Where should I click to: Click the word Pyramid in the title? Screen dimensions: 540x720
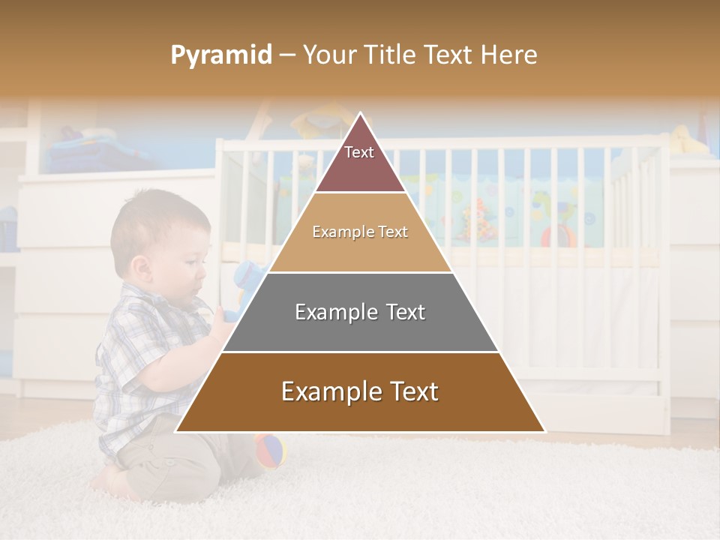(221, 55)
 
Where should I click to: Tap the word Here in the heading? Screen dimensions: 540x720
(509, 55)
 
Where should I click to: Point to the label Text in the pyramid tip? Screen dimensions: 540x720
(359, 152)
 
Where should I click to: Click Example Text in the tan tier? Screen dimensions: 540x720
(360, 232)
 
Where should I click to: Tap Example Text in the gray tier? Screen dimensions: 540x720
(360, 312)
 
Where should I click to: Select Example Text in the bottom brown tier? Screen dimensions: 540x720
(360, 391)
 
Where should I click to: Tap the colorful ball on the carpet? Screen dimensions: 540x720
(271, 450)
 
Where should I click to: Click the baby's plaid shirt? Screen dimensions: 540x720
(142, 360)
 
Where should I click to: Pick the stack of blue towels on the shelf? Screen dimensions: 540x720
(82, 150)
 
